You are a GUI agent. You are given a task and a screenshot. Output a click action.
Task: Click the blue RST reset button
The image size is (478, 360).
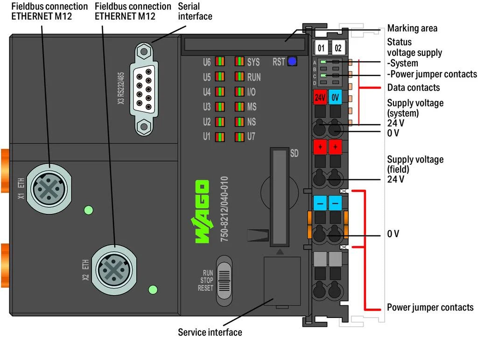click(292, 61)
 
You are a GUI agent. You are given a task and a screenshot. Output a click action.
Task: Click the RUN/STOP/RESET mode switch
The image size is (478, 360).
click(224, 279)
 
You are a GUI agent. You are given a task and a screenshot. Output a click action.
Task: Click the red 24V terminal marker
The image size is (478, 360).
click(320, 98)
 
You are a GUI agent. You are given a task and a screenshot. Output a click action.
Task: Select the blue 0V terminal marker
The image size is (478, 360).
click(335, 98)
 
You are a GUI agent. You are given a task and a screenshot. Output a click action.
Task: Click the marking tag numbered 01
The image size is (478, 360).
click(321, 48)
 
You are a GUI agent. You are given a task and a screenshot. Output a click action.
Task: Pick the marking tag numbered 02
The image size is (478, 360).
click(338, 48)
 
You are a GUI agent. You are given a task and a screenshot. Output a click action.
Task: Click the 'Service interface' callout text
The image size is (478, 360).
click(210, 332)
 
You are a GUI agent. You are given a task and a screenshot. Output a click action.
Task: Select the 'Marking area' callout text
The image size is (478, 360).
click(412, 28)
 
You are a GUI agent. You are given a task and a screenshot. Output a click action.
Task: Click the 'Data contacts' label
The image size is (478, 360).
click(413, 87)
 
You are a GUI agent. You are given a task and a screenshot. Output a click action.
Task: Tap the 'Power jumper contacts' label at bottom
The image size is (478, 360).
click(430, 307)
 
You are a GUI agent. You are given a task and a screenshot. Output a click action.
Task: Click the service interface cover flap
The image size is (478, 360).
click(282, 281)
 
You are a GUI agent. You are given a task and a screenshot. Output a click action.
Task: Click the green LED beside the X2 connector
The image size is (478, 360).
click(152, 289)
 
